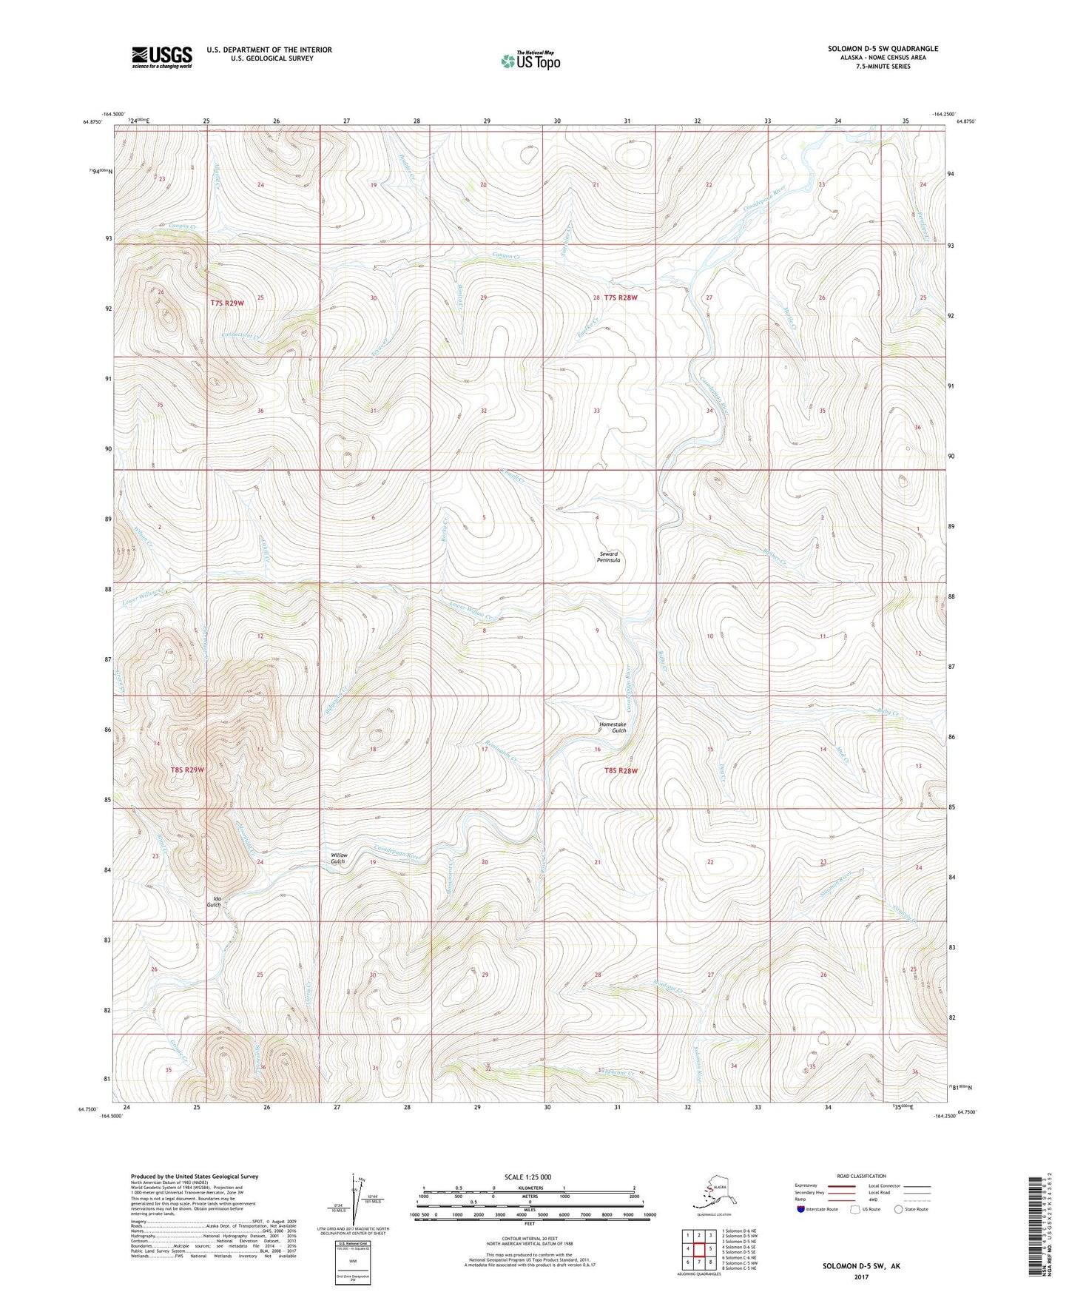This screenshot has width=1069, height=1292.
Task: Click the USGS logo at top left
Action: [161, 56]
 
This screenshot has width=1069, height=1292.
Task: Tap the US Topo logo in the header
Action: [530, 60]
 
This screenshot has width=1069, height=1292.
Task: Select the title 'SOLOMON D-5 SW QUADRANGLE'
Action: [883, 49]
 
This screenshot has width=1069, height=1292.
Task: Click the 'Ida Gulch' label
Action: [213, 901]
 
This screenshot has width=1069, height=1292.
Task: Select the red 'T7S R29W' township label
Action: [227, 303]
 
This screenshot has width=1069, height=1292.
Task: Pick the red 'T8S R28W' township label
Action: [621, 770]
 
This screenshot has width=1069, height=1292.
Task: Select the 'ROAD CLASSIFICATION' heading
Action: [862, 1176]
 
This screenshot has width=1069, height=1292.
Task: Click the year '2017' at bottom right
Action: [860, 1276]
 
